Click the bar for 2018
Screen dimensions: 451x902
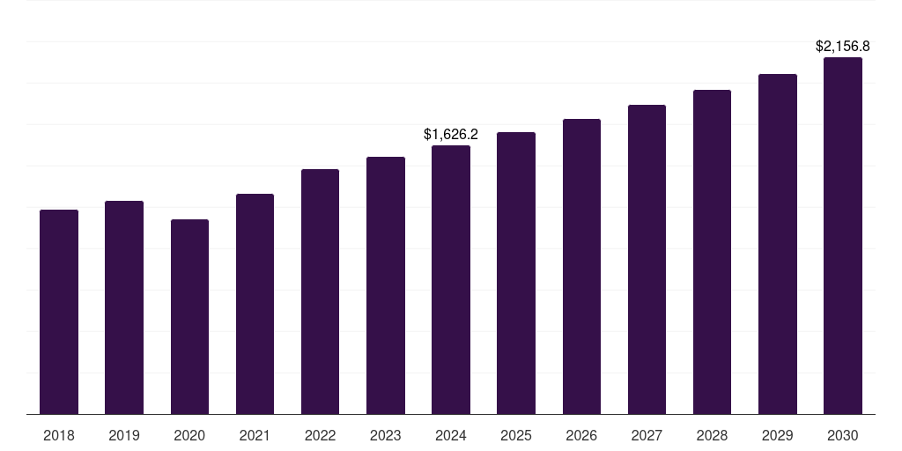(59, 312)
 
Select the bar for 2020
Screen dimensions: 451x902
(189, 317)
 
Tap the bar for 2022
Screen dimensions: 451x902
(320, 292)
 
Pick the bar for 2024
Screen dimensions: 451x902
(451, 280)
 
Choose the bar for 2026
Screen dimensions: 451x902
(581, 267)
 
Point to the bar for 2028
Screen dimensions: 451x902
(712, 252)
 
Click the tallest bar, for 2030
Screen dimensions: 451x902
(843, 236)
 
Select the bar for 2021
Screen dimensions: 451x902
(255, 304)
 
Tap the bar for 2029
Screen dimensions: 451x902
(778, 244)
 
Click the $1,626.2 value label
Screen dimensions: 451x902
(451, 135)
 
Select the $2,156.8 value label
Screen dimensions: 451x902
(843, 46)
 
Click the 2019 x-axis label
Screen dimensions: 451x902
(124, 435)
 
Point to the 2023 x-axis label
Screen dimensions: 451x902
(386, 435)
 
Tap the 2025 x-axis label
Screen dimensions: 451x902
(516, 435)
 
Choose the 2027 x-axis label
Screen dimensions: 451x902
(647, 435)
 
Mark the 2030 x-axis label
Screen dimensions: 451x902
(843, 435)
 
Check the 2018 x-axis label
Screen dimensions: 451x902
(59, 435)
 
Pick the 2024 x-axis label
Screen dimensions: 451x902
(451, 435)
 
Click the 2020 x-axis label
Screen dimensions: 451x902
(189, 435)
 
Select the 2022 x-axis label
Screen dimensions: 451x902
(320, 435)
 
